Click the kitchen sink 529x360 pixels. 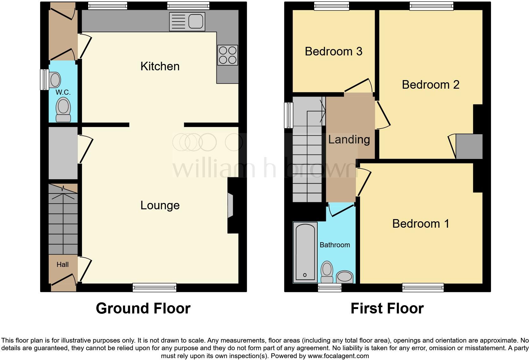coord(187,22)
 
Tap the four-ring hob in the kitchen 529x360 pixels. coord(227,55)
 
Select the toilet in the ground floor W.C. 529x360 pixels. coord(63,110)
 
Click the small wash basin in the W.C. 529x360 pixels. coord(55,79)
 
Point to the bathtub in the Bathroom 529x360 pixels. coord(305,252)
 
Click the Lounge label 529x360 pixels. coord(160,205)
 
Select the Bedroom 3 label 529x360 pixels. coord(333,51)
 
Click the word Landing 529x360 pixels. coord(349,139)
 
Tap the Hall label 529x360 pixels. coord(62,265)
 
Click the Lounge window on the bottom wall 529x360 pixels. coord(154,287)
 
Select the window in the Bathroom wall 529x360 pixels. coord(329,287)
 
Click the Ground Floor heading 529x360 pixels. coord(143,308)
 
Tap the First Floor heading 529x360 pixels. coord(387,308)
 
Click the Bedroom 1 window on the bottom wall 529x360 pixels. coord(423,287)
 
